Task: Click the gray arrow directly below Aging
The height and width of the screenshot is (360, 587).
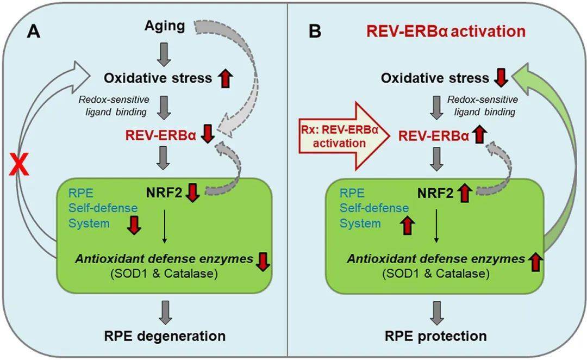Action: [164, 52]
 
